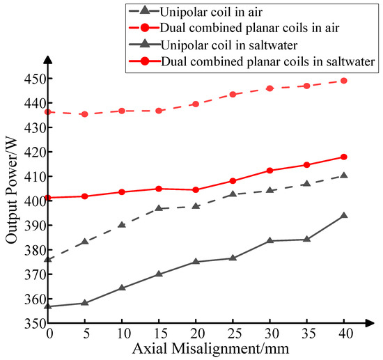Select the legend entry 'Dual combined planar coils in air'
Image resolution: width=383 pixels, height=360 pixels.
coord(249,29)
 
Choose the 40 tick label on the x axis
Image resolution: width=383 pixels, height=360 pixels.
coord(343,334)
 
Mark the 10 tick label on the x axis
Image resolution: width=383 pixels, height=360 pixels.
coord(122,334)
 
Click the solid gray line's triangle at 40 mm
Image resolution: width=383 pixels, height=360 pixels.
coord(343,216)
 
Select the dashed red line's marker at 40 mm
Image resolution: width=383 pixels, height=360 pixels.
coord(343,81)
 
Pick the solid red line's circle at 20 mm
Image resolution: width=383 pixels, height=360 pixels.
coord(196,189)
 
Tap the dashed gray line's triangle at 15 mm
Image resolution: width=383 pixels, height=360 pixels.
coord(159,208)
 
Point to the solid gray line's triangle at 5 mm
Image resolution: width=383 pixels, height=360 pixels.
coord(85,303)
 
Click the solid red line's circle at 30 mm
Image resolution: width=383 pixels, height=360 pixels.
coord(269,171)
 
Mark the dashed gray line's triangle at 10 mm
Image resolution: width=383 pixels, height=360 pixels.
coord(122,224)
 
